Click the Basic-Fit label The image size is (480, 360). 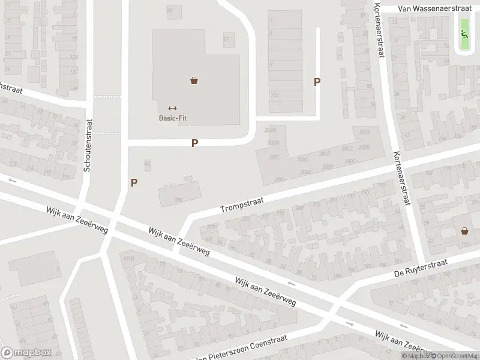tap(172, 118)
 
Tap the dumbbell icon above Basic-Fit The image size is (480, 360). tap(172, 108)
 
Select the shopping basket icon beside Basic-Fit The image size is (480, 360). tap(194, 80)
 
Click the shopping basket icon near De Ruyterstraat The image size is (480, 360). tap(464, 230)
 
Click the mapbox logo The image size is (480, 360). tap(26, 352)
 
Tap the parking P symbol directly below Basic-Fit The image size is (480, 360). tap(194, 143)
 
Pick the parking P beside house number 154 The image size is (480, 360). tap(317, 82)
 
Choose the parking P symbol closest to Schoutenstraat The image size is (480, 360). tap(134, 182)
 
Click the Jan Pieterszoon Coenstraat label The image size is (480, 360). tap(240, 347)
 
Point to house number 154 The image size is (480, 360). tap(275, 95)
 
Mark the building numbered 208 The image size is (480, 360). tap(178, 200)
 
